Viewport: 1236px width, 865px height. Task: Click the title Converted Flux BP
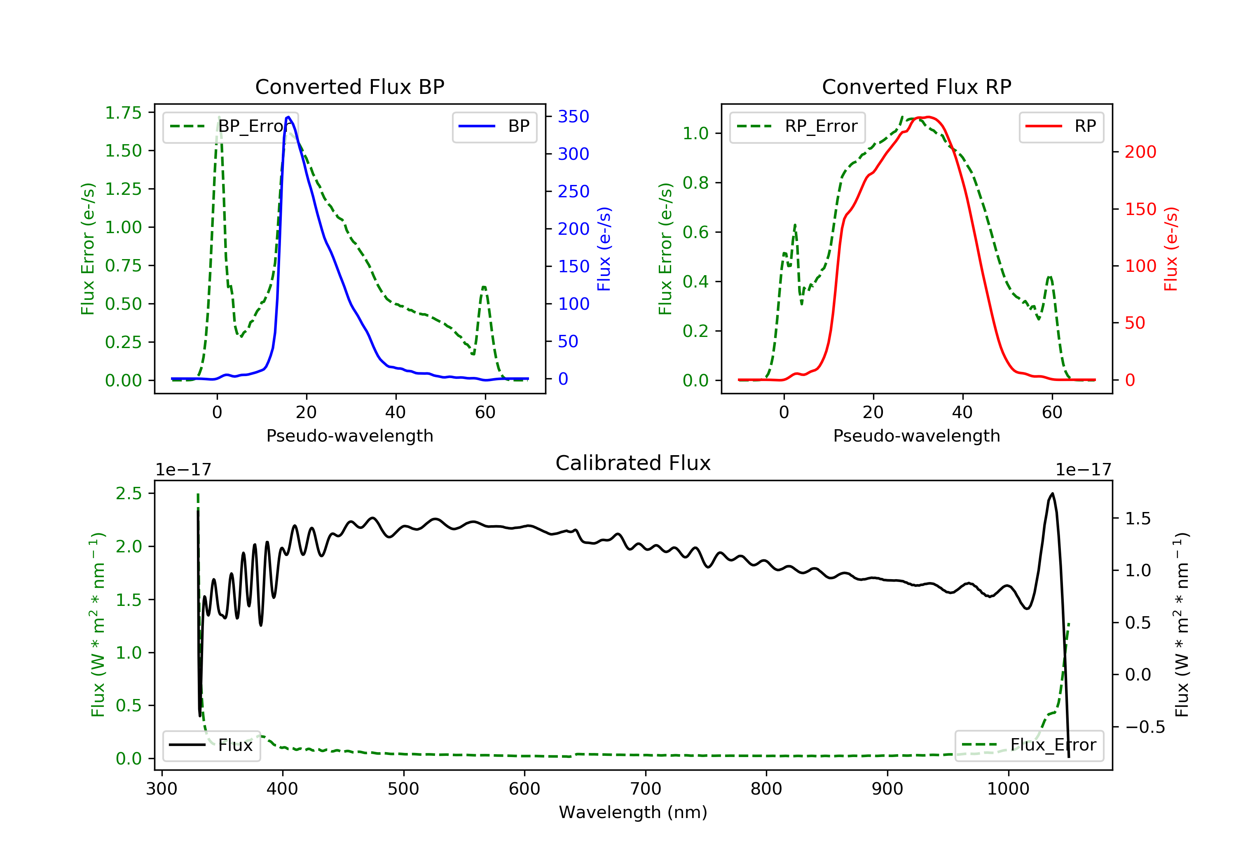pyautogui.click(x=349, y=86)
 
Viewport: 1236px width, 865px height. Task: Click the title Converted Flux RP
pyautogui.click(x=916, y=86)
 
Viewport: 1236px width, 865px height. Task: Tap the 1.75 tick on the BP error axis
pyautogui.click(x=123, y=112)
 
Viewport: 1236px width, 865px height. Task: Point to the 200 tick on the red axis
pyautogui.click(x=1140, y=152)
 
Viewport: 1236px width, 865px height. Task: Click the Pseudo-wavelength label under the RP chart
pyautogui.click(x=916, y=435)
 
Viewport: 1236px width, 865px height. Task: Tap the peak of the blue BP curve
pyautogui.click(x=288, y=117)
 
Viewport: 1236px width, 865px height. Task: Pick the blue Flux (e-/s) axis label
pyautogui.click(x=604, y=249)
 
